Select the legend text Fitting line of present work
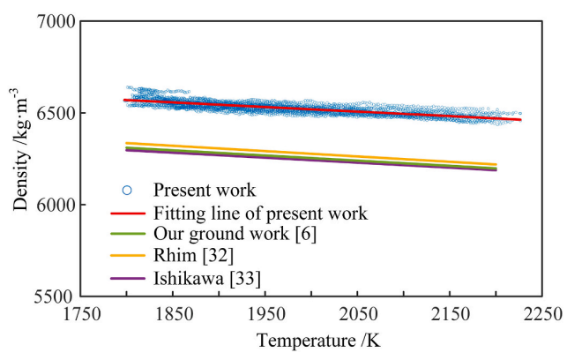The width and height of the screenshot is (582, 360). pos(260,213)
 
